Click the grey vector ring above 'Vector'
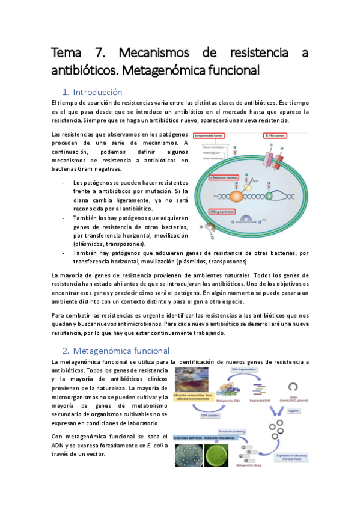(x=294, y=387)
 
